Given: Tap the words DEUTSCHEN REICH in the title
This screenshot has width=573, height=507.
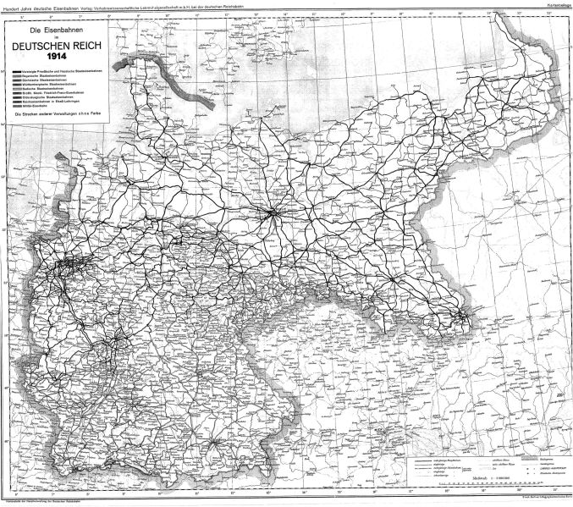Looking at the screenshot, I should (53, 47).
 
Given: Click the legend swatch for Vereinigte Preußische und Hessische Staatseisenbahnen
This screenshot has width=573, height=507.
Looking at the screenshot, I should (16, 70).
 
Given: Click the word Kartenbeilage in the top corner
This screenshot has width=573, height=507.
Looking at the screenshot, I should (555, 5).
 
